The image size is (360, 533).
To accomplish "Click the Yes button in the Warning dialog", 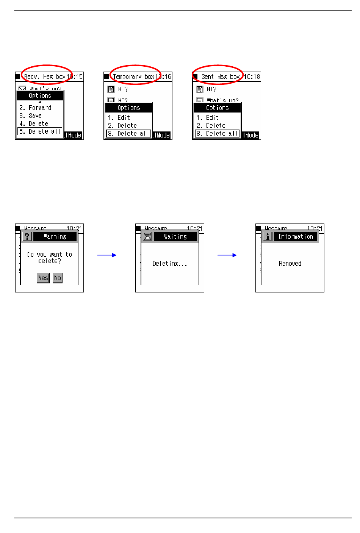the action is [x=43, y=278].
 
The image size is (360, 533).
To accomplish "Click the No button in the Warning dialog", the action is [x=58, y=278].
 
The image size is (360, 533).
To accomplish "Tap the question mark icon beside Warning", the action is [x=27, y=237].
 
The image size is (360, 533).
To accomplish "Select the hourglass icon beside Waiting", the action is [x=147, y=237].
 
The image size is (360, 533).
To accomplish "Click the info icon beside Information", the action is [x=268, y=237].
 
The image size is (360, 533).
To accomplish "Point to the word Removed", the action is [x=290, y=264].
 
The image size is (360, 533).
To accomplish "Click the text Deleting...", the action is [x=169, y=264].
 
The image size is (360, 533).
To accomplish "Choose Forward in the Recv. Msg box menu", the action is [x=39, y=108].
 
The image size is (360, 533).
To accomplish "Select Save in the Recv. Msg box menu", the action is [x=35, y=116].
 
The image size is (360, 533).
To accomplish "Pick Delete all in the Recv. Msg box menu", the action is [x=40, y=131].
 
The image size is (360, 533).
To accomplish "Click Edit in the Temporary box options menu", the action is [x=123, y=118].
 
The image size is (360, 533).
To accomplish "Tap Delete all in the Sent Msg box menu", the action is [x=217, y=133].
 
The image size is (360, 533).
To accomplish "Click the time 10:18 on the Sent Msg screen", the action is [x=252, y=77].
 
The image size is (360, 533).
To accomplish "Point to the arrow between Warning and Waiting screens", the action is [x=106, y=255].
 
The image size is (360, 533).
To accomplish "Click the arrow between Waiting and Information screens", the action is [x=227, y=255].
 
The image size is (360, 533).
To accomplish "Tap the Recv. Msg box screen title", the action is [x=45, y=77].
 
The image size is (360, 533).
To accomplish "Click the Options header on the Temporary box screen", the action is [x=128, y=108].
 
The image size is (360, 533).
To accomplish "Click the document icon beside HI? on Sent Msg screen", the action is [x=200, y=89].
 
